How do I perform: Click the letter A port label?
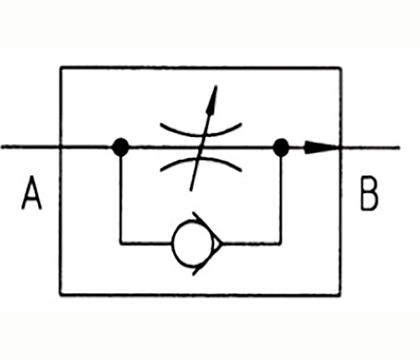pos(32,193)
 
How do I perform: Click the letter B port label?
pos(369,194)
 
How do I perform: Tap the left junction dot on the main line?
pos(121,147)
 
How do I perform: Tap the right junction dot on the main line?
pos(281,148)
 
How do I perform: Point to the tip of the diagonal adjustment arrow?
pos(217,86)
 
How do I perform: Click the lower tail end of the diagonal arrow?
pos(191,190)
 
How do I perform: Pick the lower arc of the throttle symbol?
pos(201,159)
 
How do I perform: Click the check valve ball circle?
pos(193,243)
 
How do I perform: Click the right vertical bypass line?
pos(281,196)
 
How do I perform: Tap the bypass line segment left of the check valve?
pos(147,244)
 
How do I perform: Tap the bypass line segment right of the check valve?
pos(251,244)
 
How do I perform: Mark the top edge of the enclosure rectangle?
pos(201,68)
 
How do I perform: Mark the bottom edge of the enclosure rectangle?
pos(201,294)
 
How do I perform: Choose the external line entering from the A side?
pos(30,147)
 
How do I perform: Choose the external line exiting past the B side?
pos(370,148)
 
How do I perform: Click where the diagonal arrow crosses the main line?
pos(202,147)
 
